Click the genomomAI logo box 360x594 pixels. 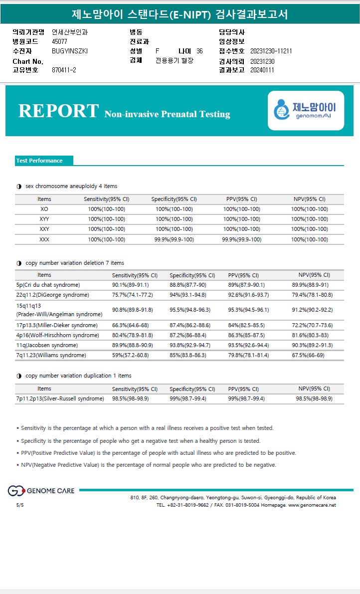click(x=306, y=110)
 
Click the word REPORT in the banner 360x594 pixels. click(x=58, y=111)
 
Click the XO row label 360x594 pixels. click(x=44, y=209)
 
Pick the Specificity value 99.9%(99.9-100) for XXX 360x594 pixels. click(x=174, y=239)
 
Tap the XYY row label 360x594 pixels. click(x=44, y=219)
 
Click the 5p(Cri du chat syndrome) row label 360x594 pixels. click(x=48, y=285)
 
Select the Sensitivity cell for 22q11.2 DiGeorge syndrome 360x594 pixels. click(x=132, y=295)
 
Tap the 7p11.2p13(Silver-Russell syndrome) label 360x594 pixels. click(x=60, y=398)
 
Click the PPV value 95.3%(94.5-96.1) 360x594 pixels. click(x=248, y=310)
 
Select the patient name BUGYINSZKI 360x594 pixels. click(x=70, y=51)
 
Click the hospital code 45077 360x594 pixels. click(x=60, y=41)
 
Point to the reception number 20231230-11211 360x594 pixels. click(x=271, y=51)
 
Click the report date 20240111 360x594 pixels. click(x=262, y=70)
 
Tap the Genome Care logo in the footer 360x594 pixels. click(x=41, y=491)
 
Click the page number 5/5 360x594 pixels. click(x=20, y=505)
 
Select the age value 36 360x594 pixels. click(x=199, y=51)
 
